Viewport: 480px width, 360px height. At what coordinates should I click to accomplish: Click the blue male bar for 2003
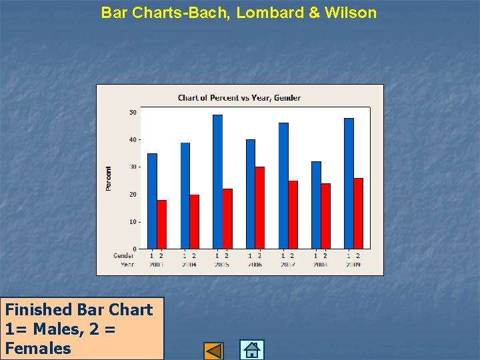152,201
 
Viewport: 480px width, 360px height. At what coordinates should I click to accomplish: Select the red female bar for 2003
162,224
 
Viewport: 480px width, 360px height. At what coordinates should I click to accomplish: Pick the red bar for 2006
260,207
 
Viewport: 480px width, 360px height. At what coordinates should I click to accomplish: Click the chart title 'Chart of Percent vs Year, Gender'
239,98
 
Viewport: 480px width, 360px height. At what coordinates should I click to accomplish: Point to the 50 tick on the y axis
133,112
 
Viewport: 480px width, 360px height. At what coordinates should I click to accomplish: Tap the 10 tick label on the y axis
133,221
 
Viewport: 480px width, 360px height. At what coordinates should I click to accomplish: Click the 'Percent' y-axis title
109,179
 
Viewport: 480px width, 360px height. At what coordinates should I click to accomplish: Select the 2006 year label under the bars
255,265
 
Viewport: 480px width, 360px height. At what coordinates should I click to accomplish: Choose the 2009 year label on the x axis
353,265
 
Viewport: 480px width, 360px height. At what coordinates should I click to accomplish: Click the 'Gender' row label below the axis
123,255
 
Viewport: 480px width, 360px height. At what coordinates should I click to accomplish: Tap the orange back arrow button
213,351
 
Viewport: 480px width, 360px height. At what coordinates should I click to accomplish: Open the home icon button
251,350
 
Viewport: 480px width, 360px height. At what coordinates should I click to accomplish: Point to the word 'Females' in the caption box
38,348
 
